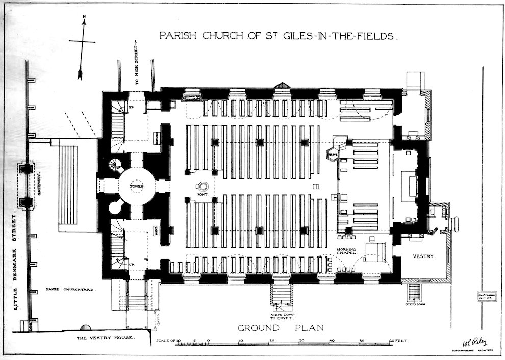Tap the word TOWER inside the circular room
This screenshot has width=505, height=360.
(136, 187)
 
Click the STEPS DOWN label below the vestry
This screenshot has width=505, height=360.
(414, 304)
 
